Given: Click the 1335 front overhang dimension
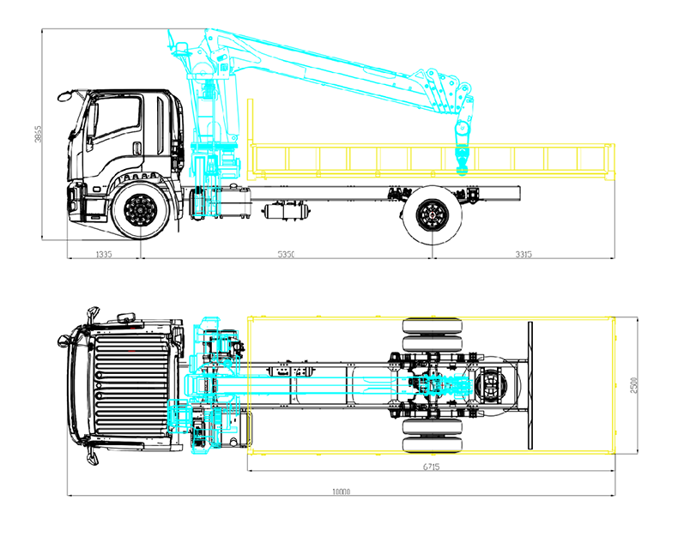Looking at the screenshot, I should [104, 254].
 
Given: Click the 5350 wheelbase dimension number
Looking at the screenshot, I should [286, 254].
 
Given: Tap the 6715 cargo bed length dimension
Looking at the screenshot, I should [431, 467].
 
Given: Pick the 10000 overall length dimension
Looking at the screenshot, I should [342, 492].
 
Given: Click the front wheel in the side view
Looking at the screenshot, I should [139, 210].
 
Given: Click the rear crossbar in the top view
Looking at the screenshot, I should [530, 384].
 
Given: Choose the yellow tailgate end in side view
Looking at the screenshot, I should [612, 163].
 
